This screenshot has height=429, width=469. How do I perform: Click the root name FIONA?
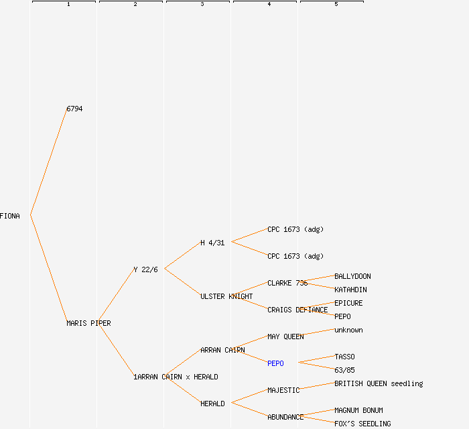pos(10,216)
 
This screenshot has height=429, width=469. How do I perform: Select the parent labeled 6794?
pos(74,109)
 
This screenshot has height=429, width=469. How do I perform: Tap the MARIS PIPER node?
pos(88,323)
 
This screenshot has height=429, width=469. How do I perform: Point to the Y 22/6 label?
pos(145,269)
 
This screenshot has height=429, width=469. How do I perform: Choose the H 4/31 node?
pos(212,243)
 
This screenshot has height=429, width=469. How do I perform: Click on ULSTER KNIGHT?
pos(226,296)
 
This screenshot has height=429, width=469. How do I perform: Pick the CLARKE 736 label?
pos(287,283)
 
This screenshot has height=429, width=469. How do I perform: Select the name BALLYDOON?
pos(352,276)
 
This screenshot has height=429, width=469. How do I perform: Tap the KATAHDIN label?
pos(350,290)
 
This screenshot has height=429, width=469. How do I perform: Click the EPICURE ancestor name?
pos(348,303)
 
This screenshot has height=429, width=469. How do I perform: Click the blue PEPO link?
pos(275,363)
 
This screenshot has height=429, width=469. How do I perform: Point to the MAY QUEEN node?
pos(285,336)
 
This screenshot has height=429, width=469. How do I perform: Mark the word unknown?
pos(348,330)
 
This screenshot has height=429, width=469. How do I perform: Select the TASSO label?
pos(344,357)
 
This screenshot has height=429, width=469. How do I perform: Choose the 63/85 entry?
pos(344,370)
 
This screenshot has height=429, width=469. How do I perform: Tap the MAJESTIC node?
pos(283,390)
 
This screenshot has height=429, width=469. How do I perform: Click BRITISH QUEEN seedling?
pos(379,383)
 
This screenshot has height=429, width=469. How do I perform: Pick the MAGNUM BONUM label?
pos(358,410)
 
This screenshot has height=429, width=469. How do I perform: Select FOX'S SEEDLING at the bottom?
pos(362,424)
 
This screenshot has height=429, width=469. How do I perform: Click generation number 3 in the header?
pos(202,5)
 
